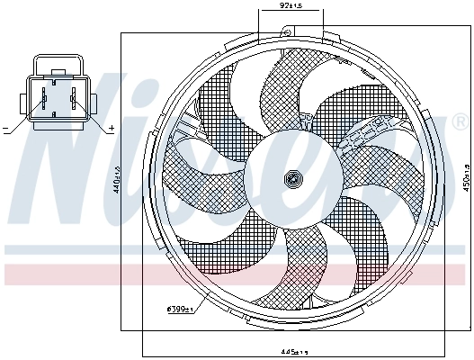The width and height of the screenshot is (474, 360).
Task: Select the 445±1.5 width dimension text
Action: pos(294,351)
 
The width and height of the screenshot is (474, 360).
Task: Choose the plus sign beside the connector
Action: pos(111,130)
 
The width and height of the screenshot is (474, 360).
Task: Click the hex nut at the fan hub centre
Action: pos(291,179)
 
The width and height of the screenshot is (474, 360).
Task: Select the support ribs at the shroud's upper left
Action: pos(189,121)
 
